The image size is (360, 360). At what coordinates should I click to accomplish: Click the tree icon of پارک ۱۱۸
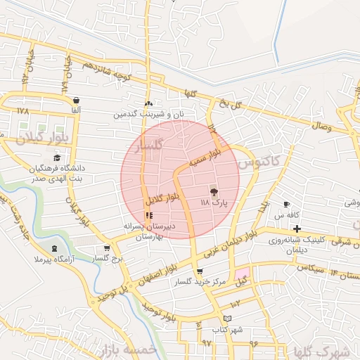coord(214,191)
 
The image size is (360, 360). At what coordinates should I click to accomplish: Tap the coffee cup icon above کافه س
coord(286,203)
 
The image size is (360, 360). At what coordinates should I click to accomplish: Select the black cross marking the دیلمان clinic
coord(297,229)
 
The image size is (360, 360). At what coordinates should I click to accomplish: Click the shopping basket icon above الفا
coord(76,101)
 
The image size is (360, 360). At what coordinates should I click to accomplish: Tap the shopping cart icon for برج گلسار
coord(107,247)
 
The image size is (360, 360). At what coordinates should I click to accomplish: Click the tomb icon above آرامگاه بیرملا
coord(55,249)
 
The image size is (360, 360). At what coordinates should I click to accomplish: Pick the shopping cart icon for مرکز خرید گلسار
coord(200,271)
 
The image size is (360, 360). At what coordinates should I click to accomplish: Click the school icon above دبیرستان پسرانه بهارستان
coord(148,215)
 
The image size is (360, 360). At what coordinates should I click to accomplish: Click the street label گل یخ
coord(229,103)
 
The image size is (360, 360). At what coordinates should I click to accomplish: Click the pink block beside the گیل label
coord(242,273)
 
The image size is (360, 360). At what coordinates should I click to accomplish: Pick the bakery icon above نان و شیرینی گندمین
coord(148,103)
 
